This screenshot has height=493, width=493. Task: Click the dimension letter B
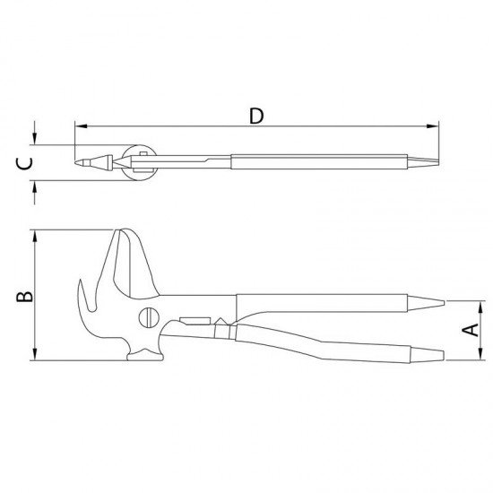(x=27, y=296)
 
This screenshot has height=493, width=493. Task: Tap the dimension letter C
(x=27, y=163)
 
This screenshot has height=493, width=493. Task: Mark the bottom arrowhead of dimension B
(x=34, y=356)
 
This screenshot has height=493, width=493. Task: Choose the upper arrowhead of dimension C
(x=34, y=141)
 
